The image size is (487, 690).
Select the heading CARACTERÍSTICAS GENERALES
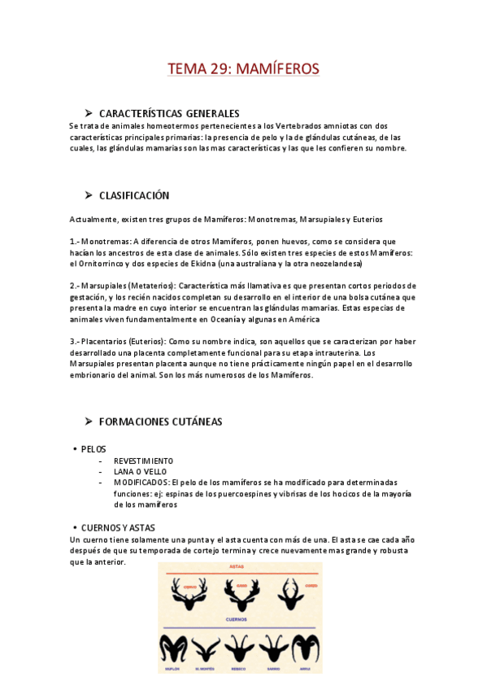169,114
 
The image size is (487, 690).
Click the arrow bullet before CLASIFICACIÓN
89,195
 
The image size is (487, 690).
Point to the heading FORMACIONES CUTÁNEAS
160,421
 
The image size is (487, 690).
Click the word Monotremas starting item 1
106,242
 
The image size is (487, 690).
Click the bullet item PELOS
93,449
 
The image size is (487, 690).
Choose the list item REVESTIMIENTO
143,461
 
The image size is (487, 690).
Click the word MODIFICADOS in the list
141,483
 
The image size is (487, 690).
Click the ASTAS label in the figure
237,566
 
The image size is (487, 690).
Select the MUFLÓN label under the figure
175,669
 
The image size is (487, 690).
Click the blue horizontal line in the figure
237,627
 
